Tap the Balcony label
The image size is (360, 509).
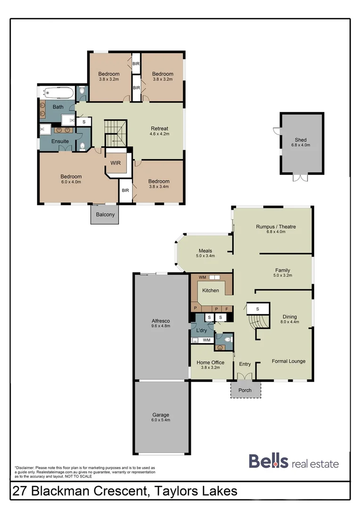click(105, 214)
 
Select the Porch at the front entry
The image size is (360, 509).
click(245, 390)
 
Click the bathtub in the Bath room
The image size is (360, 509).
click(57, 92)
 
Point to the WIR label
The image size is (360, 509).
click(115, 163)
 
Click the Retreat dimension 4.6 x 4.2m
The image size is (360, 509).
click(159, 134)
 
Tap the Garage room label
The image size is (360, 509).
click(160, 414)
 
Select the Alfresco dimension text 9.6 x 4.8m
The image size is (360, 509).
click(160, 327)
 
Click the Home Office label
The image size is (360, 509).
click(211, 362)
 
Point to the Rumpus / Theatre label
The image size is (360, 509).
click(276, 227)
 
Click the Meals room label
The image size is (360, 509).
click(205, 251)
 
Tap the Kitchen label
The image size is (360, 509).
click(211, 290)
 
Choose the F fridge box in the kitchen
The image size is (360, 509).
click(227, 309)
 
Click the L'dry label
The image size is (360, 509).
click(201, 330)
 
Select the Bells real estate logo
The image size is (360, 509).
click(293, 462)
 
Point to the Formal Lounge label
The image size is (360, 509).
click(288, 361)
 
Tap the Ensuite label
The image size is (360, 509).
click(60, 141)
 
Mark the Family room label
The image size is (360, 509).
click(282, 270)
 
